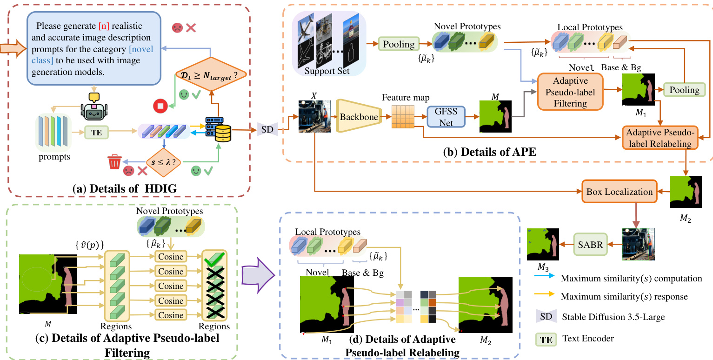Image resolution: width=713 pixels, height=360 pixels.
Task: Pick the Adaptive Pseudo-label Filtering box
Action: click(570, 91)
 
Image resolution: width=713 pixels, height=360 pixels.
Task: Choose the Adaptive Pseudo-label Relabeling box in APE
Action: click(660, 138)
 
